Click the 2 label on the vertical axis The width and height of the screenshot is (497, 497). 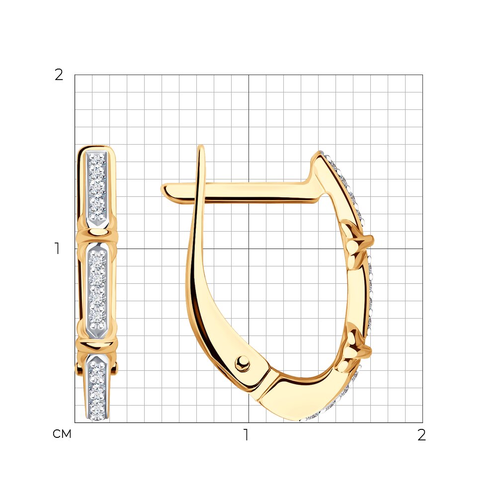click(x=59, y=75)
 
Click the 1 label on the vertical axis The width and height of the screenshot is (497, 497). click(x=57, y=248)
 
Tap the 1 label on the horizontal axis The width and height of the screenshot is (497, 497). click(x=246, y=435)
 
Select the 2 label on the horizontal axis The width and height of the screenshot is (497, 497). click(x=421, y=435)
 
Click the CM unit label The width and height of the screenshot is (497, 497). click(x=62, y=434)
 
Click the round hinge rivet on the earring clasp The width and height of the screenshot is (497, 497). click(x=243, y=362)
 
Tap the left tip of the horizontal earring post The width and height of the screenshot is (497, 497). click(x=162, y=189)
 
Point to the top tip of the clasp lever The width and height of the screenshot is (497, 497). click(x=201, y=147)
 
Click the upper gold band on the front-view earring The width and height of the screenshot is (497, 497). click(x=97, y=235)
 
